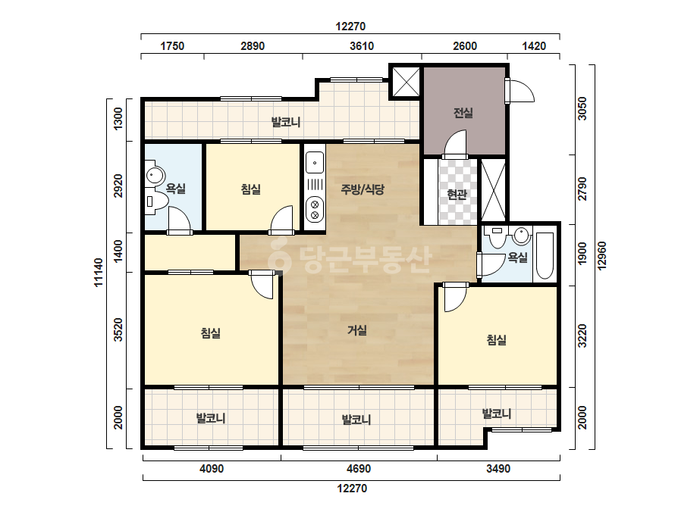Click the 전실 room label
click(x=463, y=113)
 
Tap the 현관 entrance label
click(x=457, y=195)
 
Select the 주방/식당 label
click(x=363, y=189)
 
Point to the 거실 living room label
click(x=357, y=330)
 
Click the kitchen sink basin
click(x=315, y=164)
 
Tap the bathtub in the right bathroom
click(x=545, y=254)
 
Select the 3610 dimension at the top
click(x=362, y=46)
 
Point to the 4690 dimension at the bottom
click(x=359, y=469)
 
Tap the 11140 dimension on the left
click(x=99, y=272)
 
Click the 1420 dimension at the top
click(x=534, y=46)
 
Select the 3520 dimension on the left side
click(x=118, y=329)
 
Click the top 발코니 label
click(x=286, y=122)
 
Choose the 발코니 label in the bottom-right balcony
click(x=497, y=414)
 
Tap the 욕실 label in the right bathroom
click(x=517, y=258)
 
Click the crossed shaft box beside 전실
click(x=406, y=82)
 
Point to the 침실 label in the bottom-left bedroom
click(x=210, y=332)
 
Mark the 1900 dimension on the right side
click(x=582, y=254)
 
